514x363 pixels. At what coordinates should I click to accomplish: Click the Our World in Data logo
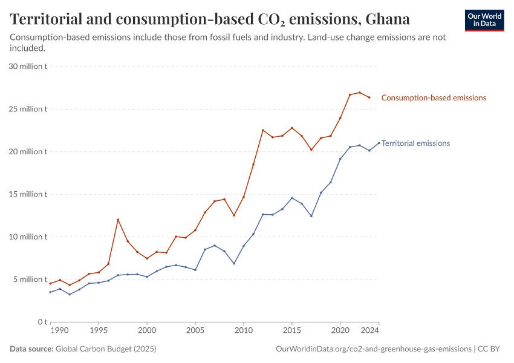click(x=484, y=20)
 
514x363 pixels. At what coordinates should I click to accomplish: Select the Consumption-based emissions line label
click(x=434, y=97)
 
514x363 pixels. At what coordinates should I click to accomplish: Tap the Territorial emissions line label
click(x=415, y=143)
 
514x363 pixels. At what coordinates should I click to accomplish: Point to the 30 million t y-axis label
click(x=28, y=67)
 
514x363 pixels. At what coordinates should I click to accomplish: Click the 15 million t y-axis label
click(x=28, y=194)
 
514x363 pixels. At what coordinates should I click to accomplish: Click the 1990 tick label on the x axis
click(x=60, y=331)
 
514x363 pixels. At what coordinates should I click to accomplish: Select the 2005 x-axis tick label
click(x=195, y=331)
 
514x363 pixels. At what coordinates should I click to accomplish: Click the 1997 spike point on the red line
click(x=118, y=220)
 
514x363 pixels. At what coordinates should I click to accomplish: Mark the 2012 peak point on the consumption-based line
click(x=263, y=130)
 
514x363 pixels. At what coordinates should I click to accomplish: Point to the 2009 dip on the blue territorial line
click(x=234, y=263)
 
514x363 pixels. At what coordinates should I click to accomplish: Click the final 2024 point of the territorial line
click(x=379, y=143)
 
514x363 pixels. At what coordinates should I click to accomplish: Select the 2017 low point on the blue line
click(x=311, y=216)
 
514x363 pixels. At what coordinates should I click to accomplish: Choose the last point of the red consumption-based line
click(x=369, y=97)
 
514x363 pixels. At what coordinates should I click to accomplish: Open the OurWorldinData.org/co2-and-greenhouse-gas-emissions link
click(x=373, y=349)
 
